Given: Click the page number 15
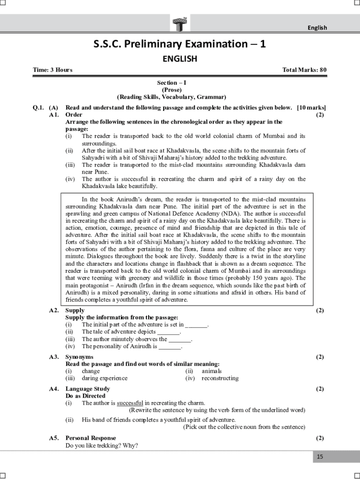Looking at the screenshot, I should tap(320, 457).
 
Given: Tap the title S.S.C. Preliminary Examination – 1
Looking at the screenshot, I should tap(180, 44).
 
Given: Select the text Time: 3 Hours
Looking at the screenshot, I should tap(52, 70).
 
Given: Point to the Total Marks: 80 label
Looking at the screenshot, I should tap(304, 70).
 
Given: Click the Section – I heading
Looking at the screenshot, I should tap(172, 83).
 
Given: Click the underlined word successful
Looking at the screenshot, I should tap(130, 403).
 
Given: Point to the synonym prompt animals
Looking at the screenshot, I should tap(212, 371).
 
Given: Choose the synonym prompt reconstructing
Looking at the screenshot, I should tap(220, 378).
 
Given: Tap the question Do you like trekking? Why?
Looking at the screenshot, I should tap(101, 445).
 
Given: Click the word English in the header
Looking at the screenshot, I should tap(317, 28).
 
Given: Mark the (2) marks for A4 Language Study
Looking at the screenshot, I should tap(320, 389).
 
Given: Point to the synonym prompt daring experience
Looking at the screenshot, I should tap(104, 378).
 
